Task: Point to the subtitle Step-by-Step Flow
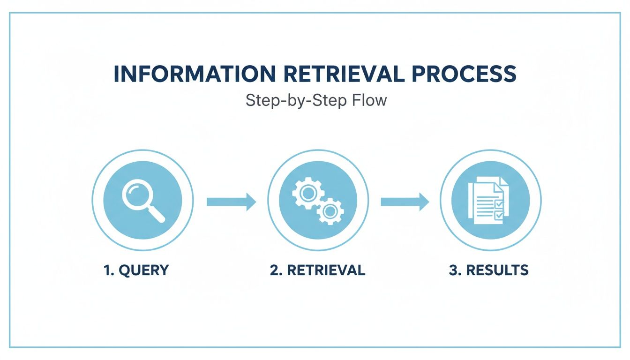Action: [x=316, y=100]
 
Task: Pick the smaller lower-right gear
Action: [x=330, y=211]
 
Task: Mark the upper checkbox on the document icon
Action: [x=499, y=203]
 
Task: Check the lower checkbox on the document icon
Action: [x=499, y=215]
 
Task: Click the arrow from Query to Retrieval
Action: [x=231, y=202]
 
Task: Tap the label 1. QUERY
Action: [x=136, y=270]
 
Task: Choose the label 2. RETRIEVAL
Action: [x=317, y=270]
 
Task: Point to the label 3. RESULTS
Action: [x=488, y=270]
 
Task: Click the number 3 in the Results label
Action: [x=453, y=270]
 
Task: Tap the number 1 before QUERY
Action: [x=106, y=270]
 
